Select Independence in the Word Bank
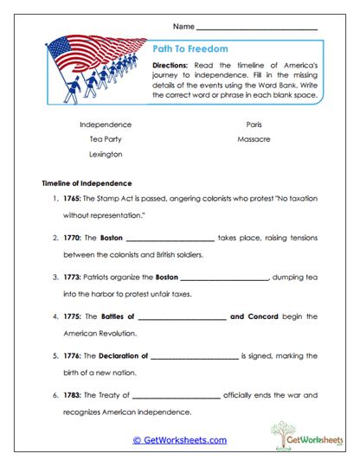point(105,124)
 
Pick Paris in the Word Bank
point(254,124)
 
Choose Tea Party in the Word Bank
point(105,139)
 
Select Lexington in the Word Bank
point(105,154)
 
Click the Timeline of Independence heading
point(87,183)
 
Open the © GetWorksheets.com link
point(179,440)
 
